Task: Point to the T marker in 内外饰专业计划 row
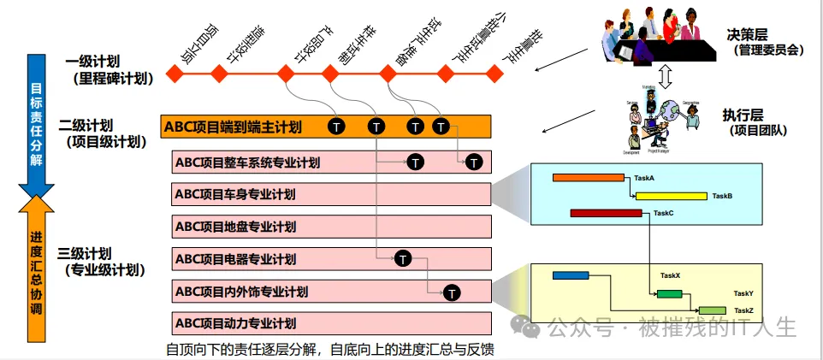click(x=453, y=292)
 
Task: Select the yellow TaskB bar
click(x=671, y=196)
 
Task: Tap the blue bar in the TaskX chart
click(x=571, y=275)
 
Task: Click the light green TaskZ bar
click(x=713, y=310)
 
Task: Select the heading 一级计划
click(x=92, y=62)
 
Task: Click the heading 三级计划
click(x=85, y=254)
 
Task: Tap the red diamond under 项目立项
click(x=175, y=74)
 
